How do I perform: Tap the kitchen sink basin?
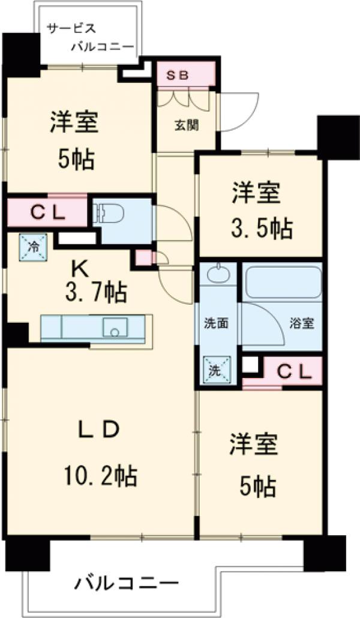[115, 328]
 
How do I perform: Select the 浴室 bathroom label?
[302, 323]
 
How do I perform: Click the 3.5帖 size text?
[262, 228]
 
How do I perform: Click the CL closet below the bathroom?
[293, 372]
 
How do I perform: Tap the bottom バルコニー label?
[127, 582]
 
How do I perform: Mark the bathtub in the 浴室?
[282, 282]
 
